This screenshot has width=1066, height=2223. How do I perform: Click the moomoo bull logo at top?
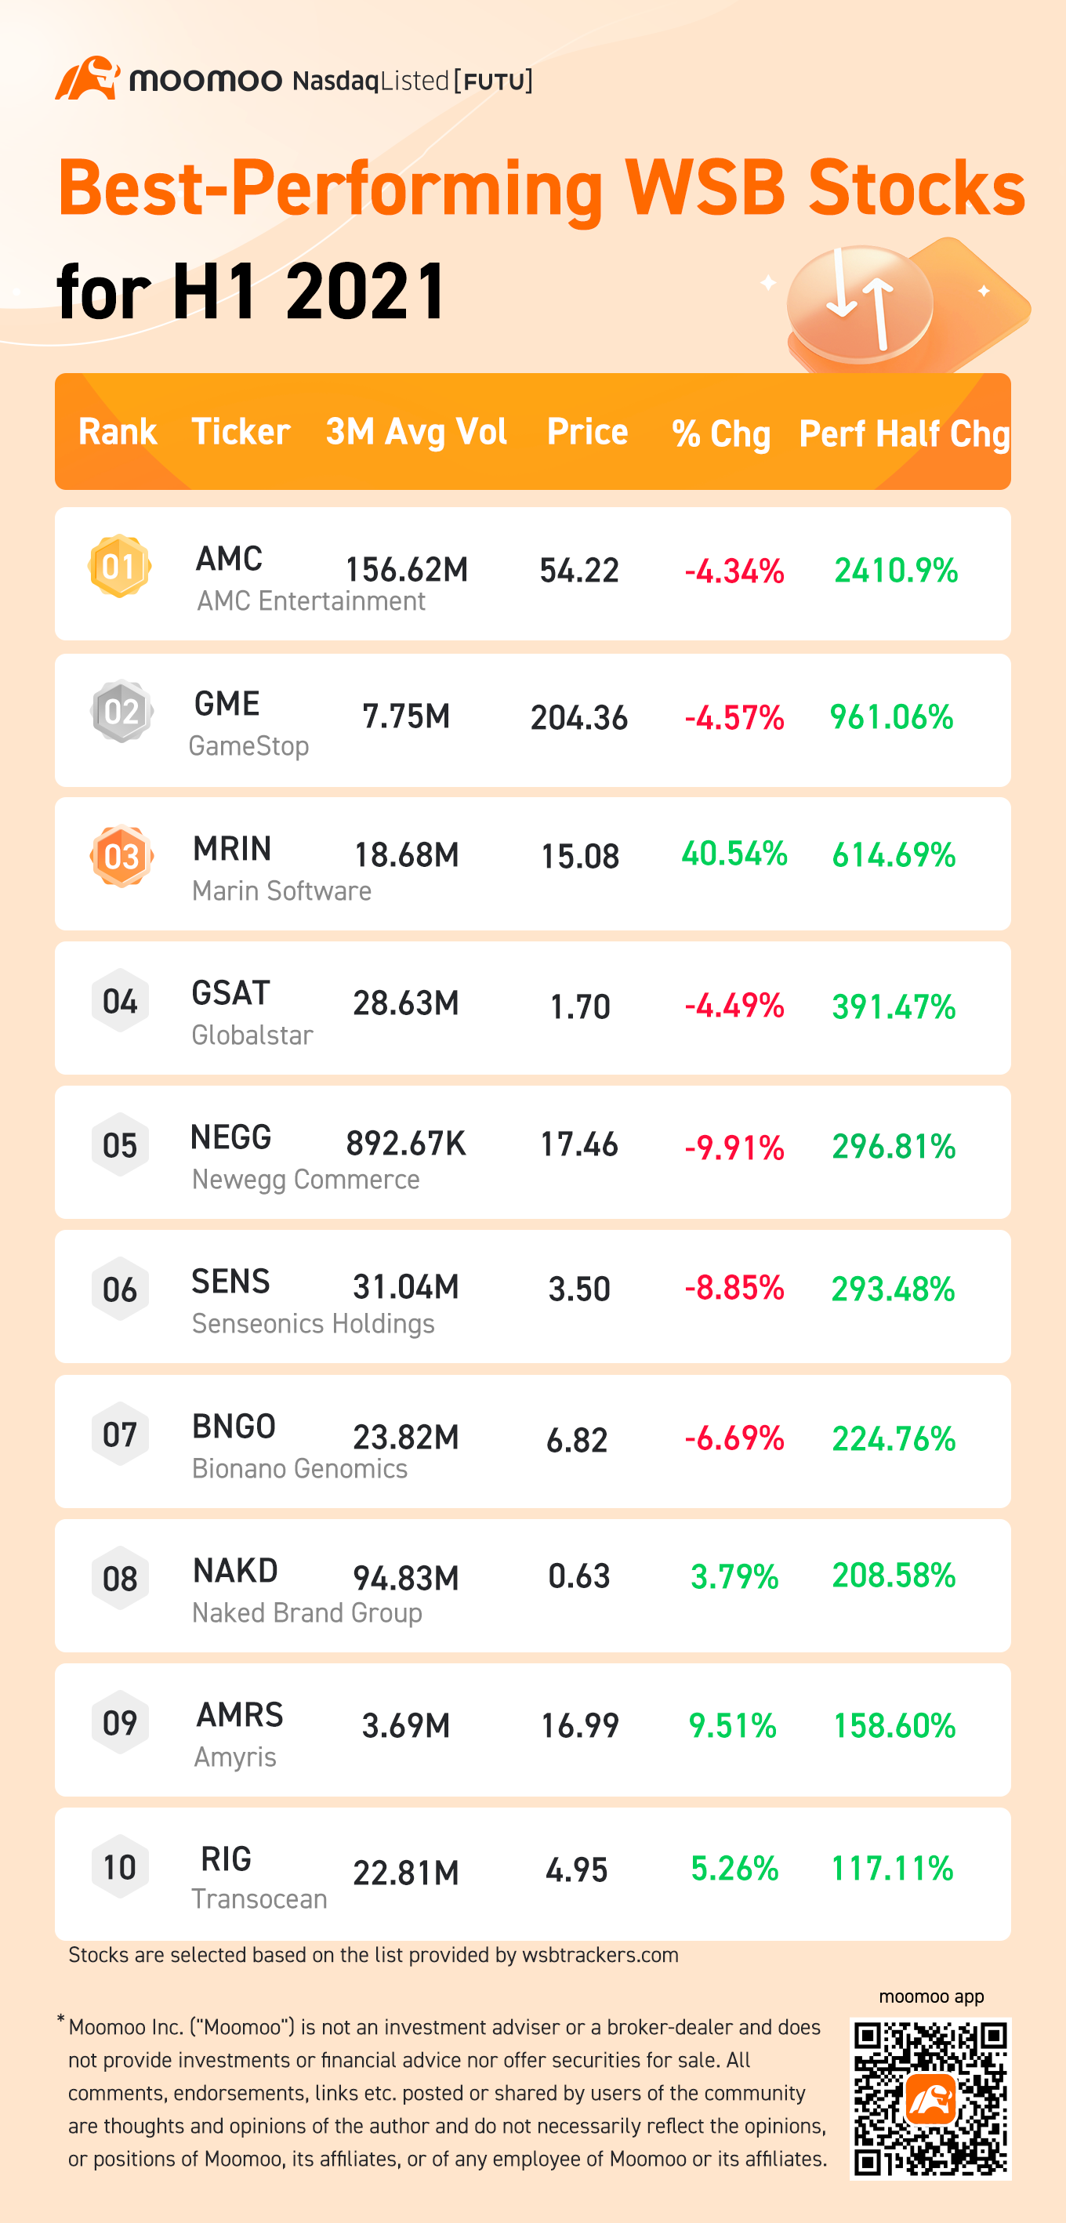pos(88,79)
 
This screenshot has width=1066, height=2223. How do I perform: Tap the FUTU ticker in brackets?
pos(494,81)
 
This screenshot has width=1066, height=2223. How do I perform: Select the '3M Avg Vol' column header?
pos(416,431)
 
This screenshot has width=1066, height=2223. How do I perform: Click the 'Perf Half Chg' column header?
pos(903,433)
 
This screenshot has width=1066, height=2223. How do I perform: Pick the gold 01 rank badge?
pos(120,567)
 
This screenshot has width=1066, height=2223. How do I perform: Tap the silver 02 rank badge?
pos(121,712)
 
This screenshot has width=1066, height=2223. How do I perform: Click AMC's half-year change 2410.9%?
pos(895,571)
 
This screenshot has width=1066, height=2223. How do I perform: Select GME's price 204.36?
pos(578,718)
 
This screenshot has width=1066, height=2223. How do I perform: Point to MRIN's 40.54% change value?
pos(734,854)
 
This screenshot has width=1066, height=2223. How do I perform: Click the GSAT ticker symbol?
pos(230,993)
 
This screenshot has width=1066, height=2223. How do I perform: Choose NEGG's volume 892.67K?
pos(406,1144)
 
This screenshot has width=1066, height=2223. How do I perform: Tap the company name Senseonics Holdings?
pos(313,1323)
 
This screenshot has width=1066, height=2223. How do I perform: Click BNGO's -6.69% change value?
pos(734,1438)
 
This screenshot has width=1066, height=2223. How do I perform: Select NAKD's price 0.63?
pos(578,1576)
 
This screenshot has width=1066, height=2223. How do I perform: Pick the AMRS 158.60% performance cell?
pos(894,1726)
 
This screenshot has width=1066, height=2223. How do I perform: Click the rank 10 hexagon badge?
pos(120,1866)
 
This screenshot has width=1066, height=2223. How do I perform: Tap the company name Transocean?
pos(259,1899)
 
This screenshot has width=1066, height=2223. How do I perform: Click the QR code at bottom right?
pos(930,2098)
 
